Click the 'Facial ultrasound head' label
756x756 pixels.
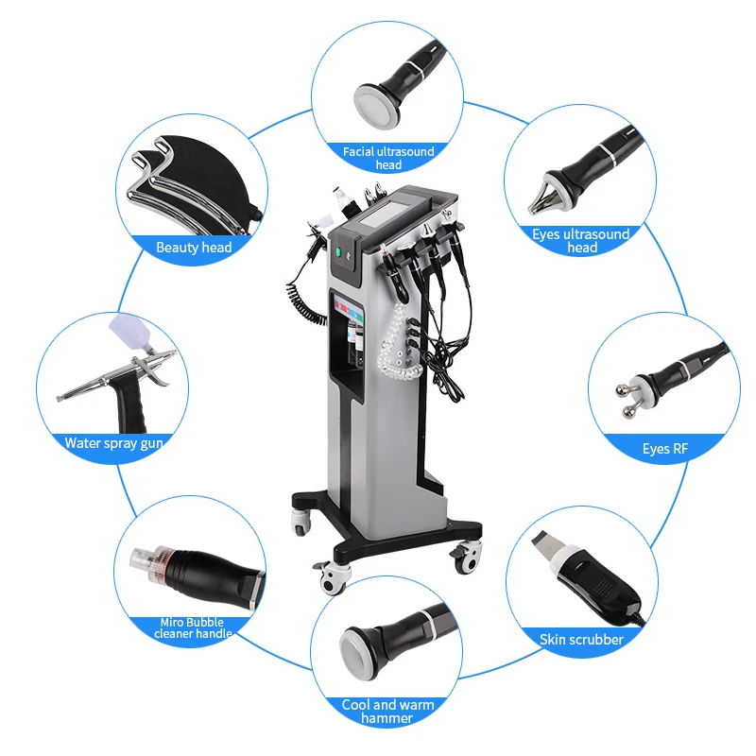[x=388, y=157]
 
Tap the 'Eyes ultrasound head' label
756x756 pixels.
[x=581, y=240]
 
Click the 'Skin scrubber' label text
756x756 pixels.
[x=581, y=640]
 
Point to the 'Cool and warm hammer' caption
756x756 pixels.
[x=388, y=711]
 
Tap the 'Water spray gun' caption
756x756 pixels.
[x=113, y=442]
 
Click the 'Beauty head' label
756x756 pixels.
[x=194, y=248]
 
